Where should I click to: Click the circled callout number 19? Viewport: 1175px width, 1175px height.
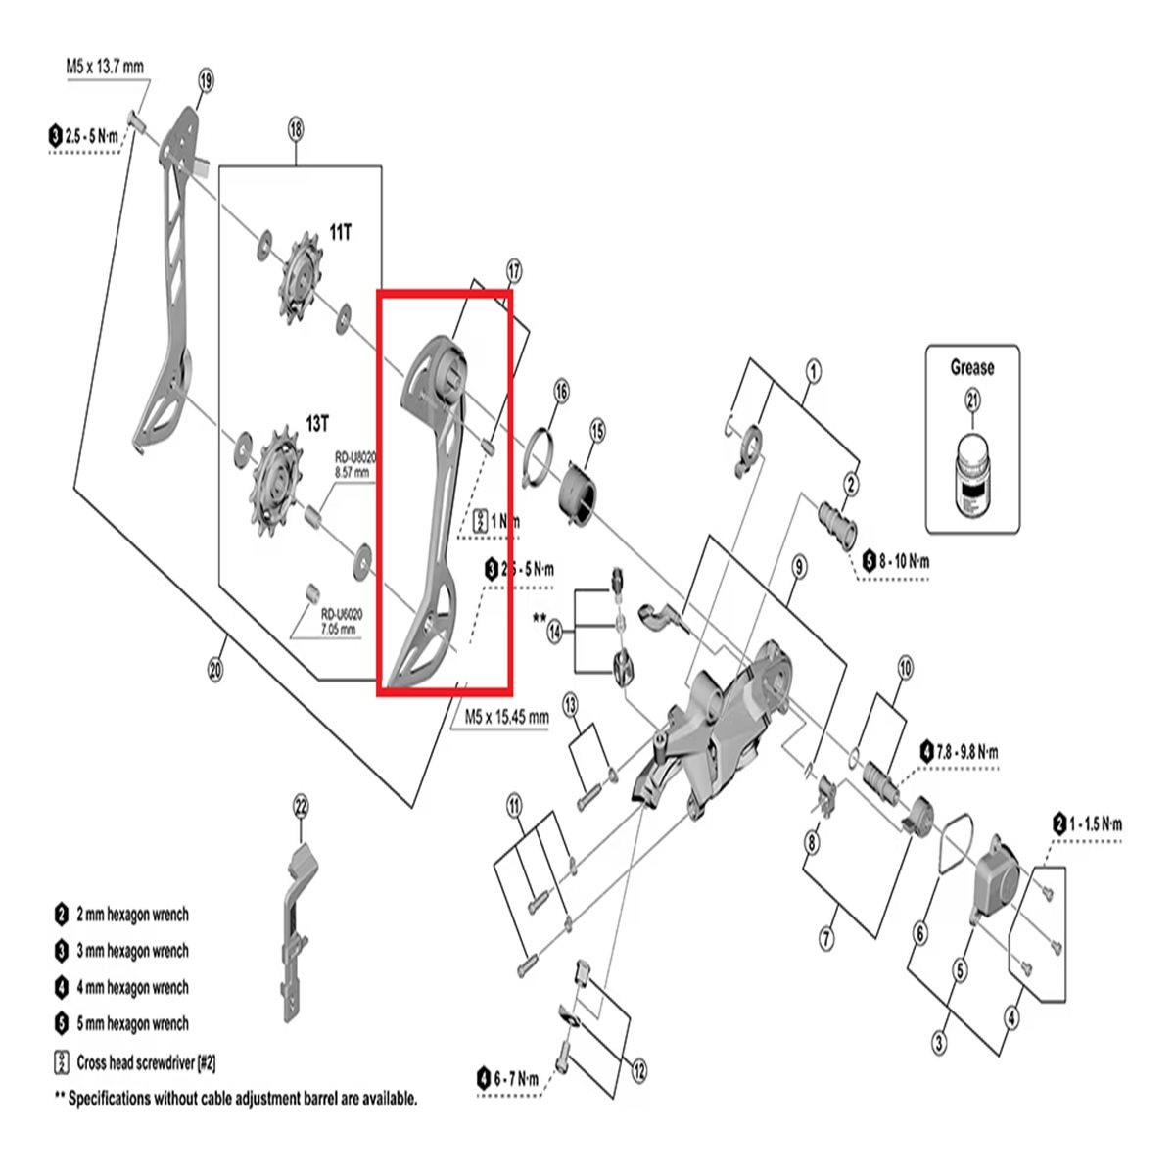pos(205,81)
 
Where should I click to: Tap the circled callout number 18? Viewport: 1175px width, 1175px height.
pos(296,128)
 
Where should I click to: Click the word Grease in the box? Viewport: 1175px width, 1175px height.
pos(971,368)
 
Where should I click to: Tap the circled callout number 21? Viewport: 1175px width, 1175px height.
pos(971,399)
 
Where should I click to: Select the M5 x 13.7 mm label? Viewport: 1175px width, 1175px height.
pos(105,67)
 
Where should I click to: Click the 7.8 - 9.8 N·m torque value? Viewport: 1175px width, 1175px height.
pos(966,752)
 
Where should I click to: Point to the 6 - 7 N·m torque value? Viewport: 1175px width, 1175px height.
pos(516,1079)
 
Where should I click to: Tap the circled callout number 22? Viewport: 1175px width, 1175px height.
pos(301,806)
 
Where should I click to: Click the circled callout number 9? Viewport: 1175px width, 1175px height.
pos(799,567)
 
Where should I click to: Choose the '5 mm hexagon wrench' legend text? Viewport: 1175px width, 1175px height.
pos(132,1024)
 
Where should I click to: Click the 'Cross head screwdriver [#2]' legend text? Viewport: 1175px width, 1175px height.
pos(146,1061)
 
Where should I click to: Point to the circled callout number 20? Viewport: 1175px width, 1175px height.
pos(216,671)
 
